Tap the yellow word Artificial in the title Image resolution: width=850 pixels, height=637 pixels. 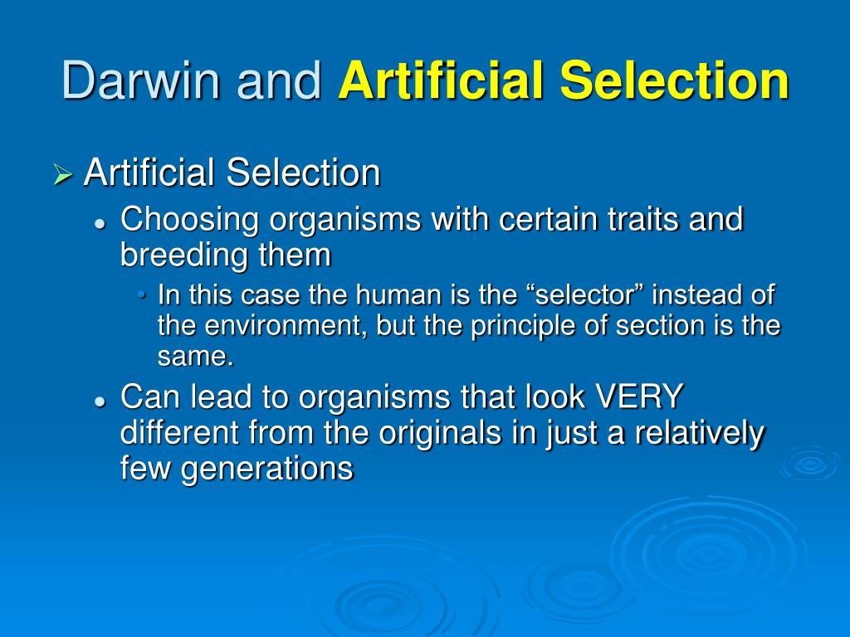pyautogui.click(x=442, y=80)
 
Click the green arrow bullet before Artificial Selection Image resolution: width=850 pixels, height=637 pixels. pyautogui.click(x=63, y=176)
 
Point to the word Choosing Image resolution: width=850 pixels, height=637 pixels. pyautogui.click(x=190, y=221)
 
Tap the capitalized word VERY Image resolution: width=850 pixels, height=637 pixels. pyautogui.click(x=639, y=398)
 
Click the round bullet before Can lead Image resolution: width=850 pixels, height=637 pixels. pyautogui.click(x=100, y=401)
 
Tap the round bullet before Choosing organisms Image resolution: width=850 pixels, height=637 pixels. pyautogui.click(x=100, y=223)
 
